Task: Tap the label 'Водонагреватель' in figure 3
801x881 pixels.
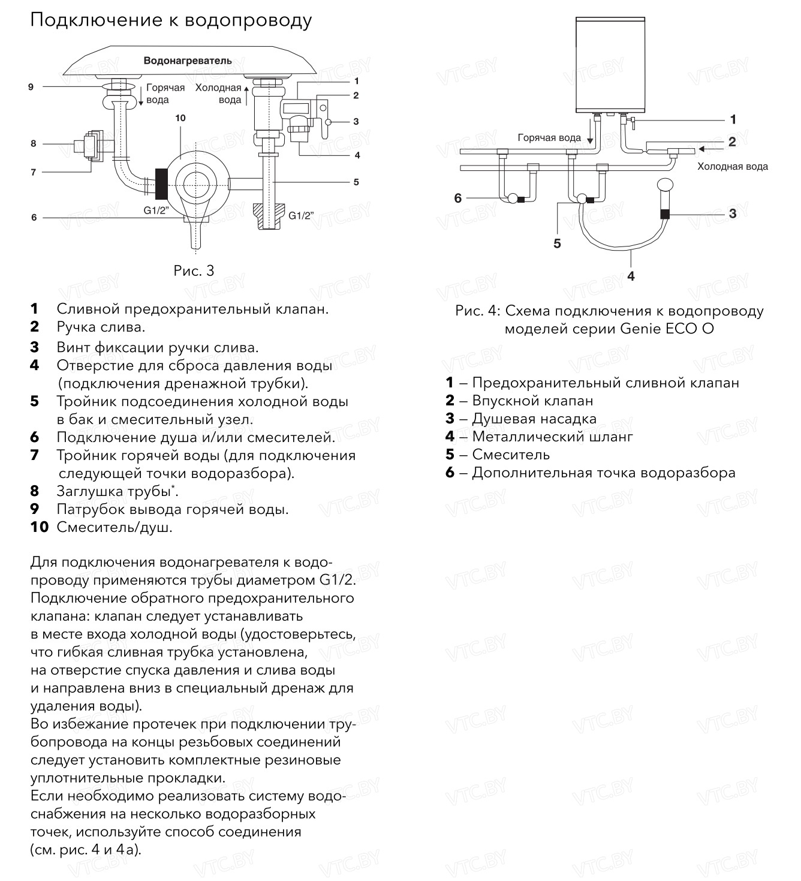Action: point(188,61)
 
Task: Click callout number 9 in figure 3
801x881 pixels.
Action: point(31,87)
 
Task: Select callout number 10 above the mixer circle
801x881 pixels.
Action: point(180,118)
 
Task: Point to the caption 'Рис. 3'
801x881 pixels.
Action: point(194,271)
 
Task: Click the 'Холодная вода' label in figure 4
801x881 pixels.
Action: point(732,167)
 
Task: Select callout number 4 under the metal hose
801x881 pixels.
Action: point(631,276)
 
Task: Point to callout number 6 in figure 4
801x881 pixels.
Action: point(458,198)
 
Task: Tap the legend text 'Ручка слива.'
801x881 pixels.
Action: point(101,327)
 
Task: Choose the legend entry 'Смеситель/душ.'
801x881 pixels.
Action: point(115,528)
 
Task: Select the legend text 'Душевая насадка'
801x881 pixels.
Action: point(534,419)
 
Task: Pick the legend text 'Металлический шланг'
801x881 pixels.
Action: point(552,437)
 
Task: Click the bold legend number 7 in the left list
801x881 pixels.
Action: point(35,455)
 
